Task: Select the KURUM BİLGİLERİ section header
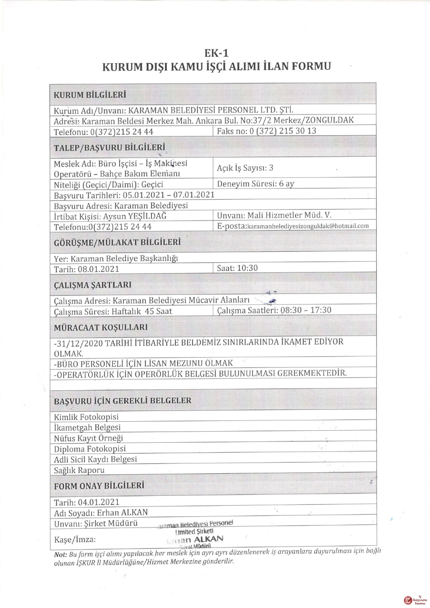90,95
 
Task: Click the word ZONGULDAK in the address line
329,120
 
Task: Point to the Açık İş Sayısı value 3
271,168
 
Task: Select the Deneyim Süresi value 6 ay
286,184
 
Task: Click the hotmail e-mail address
308,226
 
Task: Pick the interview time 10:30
247,268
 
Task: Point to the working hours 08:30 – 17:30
306,310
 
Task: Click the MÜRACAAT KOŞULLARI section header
101,327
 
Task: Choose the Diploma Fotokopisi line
90,449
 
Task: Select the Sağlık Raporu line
79,470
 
